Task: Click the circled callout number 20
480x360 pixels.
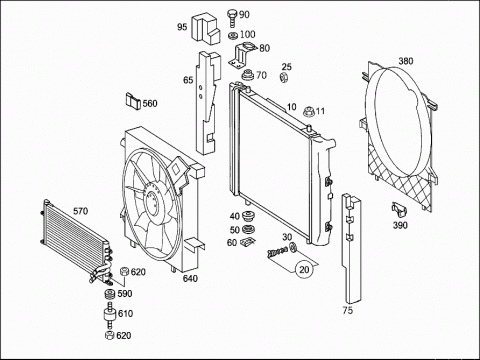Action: click(304, 269)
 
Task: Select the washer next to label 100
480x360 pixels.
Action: click(233, 35)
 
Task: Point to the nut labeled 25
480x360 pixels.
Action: click(284, 78)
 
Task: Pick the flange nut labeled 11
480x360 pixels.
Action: click(309, 111)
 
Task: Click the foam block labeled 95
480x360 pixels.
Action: click(206, 29)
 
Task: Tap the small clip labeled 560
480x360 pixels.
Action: click(133, 101)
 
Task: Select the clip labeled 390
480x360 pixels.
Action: click(399, 211)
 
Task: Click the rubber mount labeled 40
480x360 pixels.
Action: click(248, 216)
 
